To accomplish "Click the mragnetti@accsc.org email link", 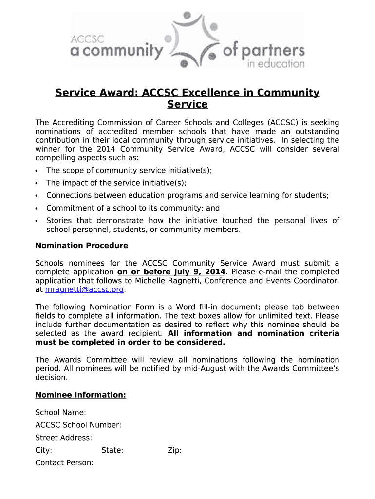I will [x=84, y=290].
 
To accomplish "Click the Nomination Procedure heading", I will [x=82, y=246].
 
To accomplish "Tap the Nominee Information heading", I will [x=81, y=395].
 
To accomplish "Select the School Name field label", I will [x=61, y=413].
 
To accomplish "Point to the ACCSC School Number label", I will [x=78, y=425].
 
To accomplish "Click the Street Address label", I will [x=64, y=438].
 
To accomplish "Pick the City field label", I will [x=44, y=450].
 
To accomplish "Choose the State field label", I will [x=112, y=450].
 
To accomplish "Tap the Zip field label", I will [x=174, y=450].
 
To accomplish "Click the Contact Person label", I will [x=64, y=463].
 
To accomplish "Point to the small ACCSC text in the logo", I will [x=84, y=38].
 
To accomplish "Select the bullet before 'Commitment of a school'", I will [x=37, y=209].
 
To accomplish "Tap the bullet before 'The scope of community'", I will [x=37, y=171].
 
